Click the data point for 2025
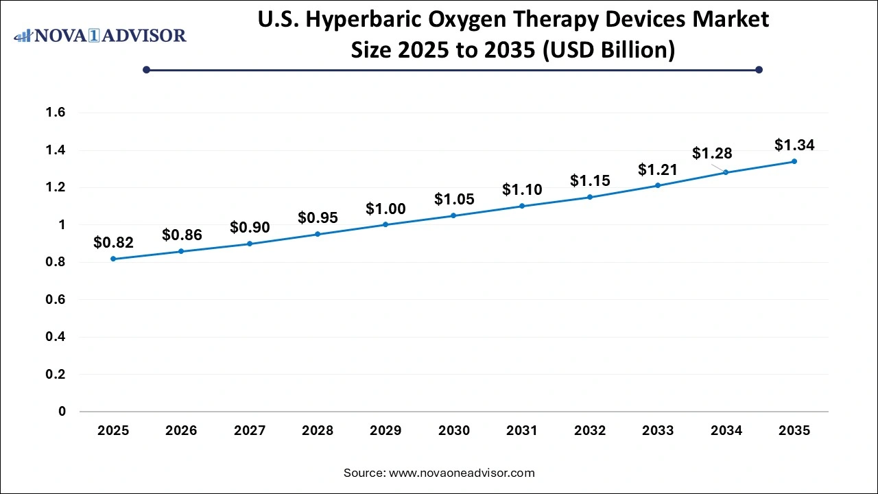[x=113, y=259]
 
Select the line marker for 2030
[x=453, y=215]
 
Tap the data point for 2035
[x=794, y=161]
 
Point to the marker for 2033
[x=658, y=185]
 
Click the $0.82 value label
[x=113, y=242]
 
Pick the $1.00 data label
[x=385, y=209]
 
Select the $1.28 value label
[x=712, y=153]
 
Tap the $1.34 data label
[x=794, y=145]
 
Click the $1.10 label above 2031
[x=522, y=189]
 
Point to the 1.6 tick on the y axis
[x=56, y=113]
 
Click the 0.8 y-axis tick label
[x=56, y=262]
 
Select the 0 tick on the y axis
[x=62, y=412]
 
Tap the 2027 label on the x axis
[x=250, y=431]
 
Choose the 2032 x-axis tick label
[x=590, y=431]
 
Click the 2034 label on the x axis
[x=726, y=431]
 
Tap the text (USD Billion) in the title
[x=609, y=50]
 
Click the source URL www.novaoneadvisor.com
[x=462, y=473]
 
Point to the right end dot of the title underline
[x=759, y=69]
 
